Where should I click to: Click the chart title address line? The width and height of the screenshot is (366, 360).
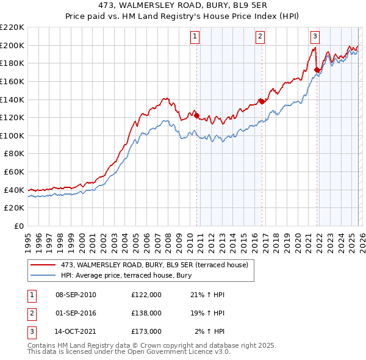tap(182, 5)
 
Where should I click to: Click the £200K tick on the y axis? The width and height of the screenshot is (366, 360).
tap(13, 45)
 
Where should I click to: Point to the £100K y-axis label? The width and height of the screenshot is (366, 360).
tap(13, 135)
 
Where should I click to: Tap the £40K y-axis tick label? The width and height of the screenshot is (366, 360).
tap(15, 190)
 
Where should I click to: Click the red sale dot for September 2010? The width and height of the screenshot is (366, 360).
tap(196, 115)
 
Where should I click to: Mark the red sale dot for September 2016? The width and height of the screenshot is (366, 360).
tap(261, 101)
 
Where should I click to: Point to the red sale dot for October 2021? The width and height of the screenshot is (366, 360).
tap(317, 70)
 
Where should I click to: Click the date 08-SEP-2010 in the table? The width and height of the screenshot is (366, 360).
tap(76, 295)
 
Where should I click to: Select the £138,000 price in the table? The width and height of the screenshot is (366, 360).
tap(146, 313)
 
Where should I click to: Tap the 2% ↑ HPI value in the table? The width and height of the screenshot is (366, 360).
tap(209, 331)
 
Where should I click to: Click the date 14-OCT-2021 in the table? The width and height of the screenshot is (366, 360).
tap(75, 331)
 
